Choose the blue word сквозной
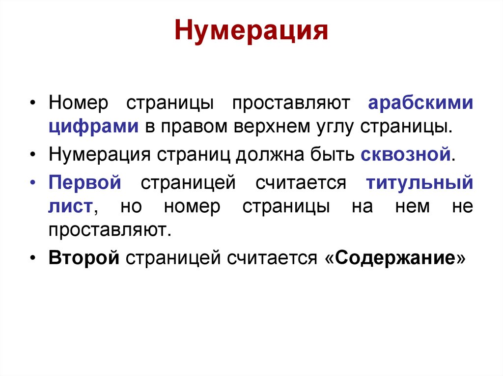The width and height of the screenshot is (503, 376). click(406, 155)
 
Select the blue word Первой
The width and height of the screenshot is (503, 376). click(85, 183)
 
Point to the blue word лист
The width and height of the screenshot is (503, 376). click(70, 207)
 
